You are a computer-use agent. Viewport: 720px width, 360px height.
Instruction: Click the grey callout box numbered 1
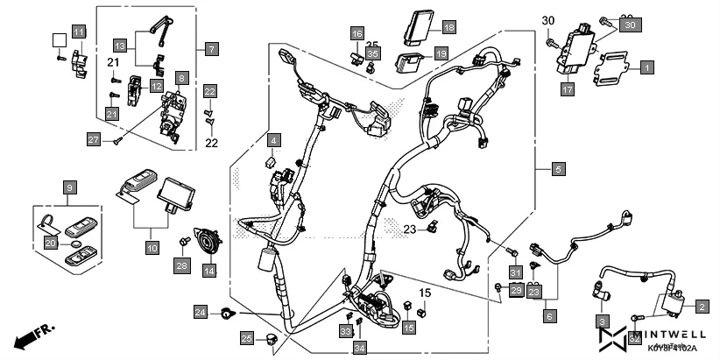coord(646,67)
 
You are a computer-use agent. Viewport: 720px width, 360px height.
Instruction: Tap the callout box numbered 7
coord(211,49)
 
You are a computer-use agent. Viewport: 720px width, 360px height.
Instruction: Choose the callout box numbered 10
coord(152,249)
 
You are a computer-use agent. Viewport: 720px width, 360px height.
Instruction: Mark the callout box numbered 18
coord(448,28)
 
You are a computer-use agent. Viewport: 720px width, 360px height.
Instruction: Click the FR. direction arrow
coord(30,336)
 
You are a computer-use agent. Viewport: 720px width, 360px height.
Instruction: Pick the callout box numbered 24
coord(201,312)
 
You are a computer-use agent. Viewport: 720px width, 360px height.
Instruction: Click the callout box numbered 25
coord(247,339)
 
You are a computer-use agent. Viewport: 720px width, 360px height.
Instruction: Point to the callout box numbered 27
coord(95,138)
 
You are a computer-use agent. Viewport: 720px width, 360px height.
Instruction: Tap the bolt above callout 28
coord(185,240)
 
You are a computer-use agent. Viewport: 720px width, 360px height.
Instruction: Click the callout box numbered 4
coord(273,140)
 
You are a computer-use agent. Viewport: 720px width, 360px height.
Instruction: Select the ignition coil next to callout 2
coord(673,306)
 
